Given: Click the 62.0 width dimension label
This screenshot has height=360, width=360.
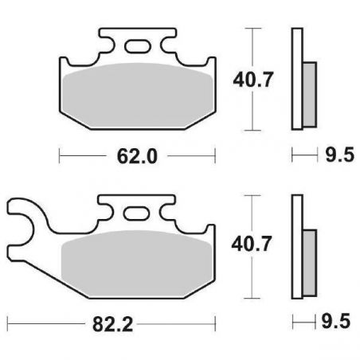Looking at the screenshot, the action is click(137, 156).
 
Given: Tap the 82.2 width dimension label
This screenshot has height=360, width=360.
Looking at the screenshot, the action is click(112, 324).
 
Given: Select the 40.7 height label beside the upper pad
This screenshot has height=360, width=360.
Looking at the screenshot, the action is click(252, 80).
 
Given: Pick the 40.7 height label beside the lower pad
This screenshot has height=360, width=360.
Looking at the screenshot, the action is click(252, 244).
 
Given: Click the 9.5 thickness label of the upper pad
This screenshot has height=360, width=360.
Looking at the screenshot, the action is click(340, 155).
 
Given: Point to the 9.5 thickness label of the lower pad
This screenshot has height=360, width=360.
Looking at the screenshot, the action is click(336, 321).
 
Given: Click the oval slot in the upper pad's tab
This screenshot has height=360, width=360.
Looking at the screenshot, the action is click(137, 46).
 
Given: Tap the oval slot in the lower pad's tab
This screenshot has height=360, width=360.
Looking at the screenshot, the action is click(136, 213).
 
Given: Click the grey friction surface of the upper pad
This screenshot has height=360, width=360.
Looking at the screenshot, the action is click(138, 95).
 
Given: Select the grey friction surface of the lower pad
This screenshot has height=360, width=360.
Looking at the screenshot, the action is click(136, 263).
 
